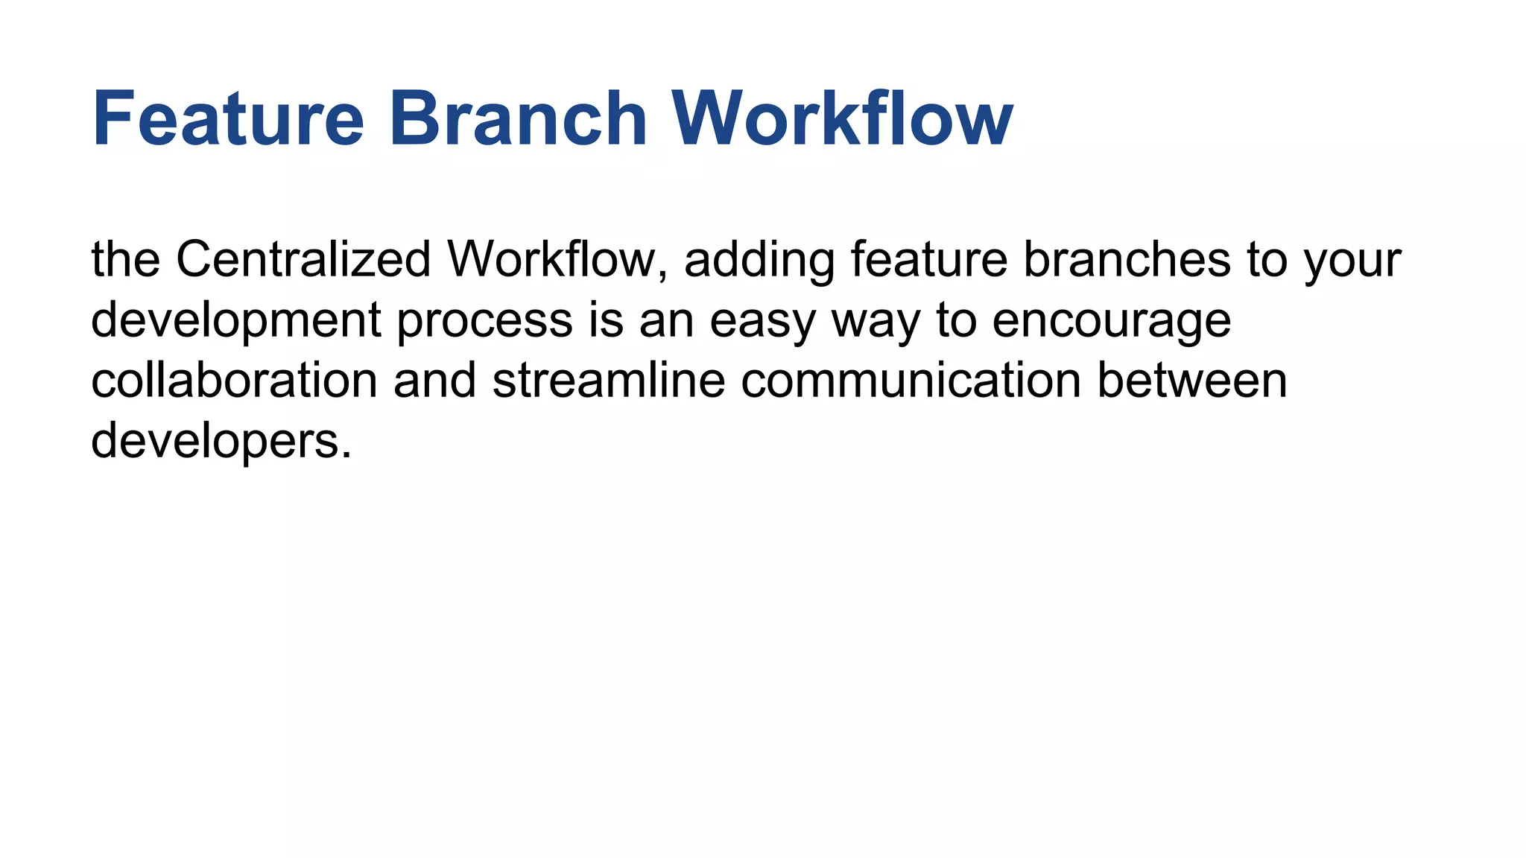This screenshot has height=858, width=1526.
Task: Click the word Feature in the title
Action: coord(227,119)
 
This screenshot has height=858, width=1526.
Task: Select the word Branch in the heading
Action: coord(517,119)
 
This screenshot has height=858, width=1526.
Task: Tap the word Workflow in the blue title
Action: coord(842,119)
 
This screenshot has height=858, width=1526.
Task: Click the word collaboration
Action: coord(234,381)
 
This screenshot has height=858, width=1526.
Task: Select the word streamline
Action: coord(608,381)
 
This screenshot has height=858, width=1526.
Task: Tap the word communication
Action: coord(911,381)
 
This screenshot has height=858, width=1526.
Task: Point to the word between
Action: coord(1192,381)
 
